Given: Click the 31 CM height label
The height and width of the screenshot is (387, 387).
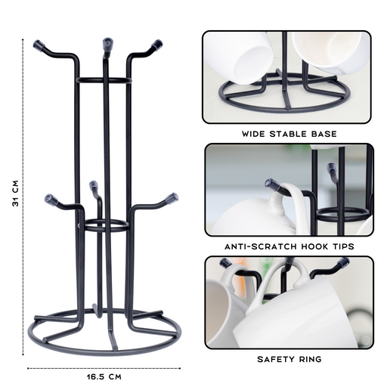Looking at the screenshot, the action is (16, 193).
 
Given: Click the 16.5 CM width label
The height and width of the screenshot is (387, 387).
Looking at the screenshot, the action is (104, 377).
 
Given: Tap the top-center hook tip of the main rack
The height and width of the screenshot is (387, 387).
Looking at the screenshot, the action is (108, 44).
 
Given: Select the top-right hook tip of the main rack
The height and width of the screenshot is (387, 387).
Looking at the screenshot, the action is (156, 45).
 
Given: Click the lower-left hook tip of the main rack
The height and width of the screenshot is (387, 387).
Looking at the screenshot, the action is (51, 199).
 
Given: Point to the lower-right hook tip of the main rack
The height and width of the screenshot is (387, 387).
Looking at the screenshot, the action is (172, 198).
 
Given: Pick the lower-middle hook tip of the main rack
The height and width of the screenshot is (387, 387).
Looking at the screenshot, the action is (94, 186).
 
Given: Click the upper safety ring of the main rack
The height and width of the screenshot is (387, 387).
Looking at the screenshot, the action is (104, 80).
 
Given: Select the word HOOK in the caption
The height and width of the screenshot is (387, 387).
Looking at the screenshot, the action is (313, 246).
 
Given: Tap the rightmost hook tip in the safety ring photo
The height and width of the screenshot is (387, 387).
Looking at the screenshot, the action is (344, 262).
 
